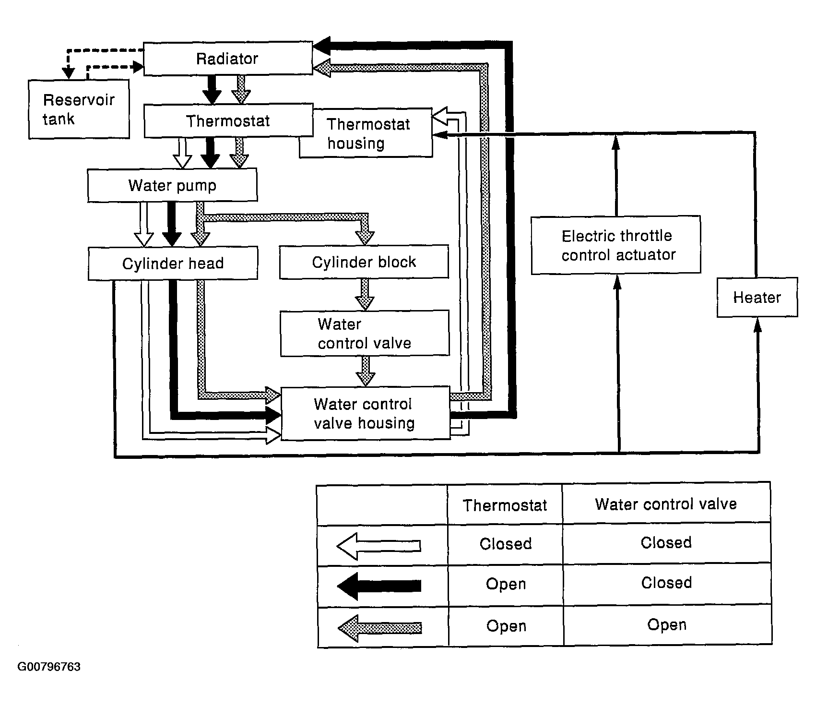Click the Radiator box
(x=228, y=59)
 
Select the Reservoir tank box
(x=79, y=109)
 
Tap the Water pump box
(x=172, y=185)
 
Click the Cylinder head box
(x=173, y=263)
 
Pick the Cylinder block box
(x=364, y=262)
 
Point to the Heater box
(x=757, y=297)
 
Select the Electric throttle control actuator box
(x=616, y=245)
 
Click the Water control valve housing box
(x=365, y=413)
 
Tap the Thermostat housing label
(x=368, y=134)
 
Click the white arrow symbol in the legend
(x=379, y=546)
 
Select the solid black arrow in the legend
(x=379, y=586)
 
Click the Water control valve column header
(x=666, y=504)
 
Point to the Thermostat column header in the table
(x=505, y=505)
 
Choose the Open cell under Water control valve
(x=667, y=624)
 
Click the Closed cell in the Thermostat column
(x=506, y=544)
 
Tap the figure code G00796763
(x=49, y=667)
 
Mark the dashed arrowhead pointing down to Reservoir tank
(x=69, y=73)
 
